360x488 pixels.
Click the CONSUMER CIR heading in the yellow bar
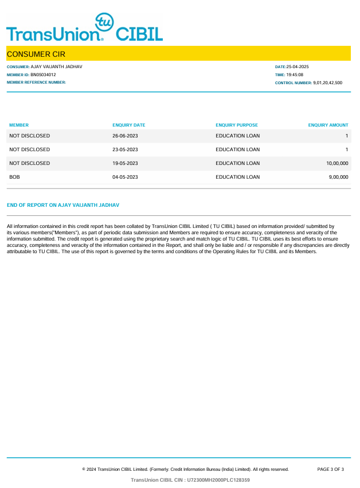click(36, 54)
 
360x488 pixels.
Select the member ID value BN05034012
click(43, 74)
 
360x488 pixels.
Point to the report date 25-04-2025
click(298, 67)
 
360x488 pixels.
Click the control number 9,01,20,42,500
click(327, 83)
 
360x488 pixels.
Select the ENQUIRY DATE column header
click(129, 125)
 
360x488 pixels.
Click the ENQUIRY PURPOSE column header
click(237, 125)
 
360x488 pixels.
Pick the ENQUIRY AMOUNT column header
click(328, 125)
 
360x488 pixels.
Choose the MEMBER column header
click(19, 125)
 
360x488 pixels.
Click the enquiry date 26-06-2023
click(125, 136)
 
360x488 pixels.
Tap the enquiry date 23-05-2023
click(125, 149)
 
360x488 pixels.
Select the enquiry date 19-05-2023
click(125, 163)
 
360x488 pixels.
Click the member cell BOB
click(15, 177)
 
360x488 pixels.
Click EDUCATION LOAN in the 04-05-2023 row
click(237, 177)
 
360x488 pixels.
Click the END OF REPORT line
click(63, 204)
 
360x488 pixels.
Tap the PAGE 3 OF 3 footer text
click(330, 469)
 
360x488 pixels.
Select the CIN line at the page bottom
click(190, 480)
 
